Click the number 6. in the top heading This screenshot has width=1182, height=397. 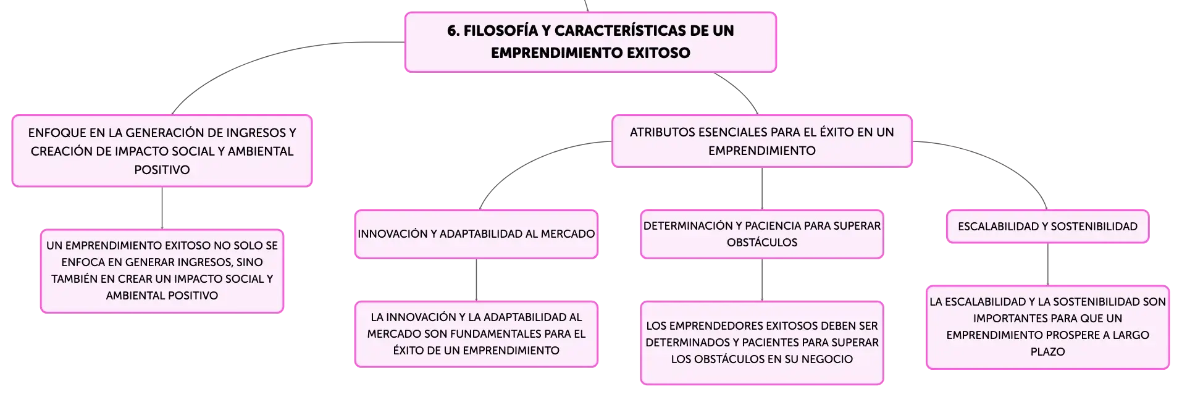pos(453,30)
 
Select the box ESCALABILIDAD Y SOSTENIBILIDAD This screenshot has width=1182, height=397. pos(1047,227)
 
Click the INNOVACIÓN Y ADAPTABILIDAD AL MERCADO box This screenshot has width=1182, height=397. pos(476,234)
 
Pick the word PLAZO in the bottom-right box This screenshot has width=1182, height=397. pos(1047,352)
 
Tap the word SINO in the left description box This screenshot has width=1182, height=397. pos(249,262)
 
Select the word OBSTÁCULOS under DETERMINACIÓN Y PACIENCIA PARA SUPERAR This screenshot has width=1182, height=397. pos(762,243)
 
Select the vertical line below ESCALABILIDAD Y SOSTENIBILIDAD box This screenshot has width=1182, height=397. pos(1047,264)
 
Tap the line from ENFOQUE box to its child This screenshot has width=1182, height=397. pos(162,208)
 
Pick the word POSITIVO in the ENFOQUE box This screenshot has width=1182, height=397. pos(162,170)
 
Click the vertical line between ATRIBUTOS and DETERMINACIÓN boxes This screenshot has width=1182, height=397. pos(762,188)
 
